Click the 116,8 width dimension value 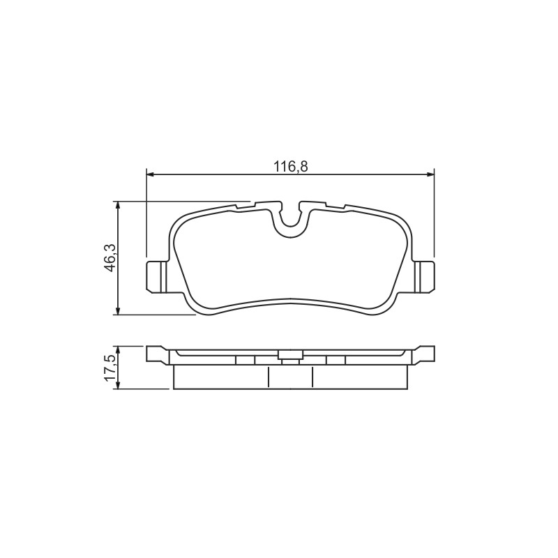(290, 167)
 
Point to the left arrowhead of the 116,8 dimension (150, 174)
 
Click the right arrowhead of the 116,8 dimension (430, 174)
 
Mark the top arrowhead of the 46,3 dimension (117, 205)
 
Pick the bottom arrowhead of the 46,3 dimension (117, 310)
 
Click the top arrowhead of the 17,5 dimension (117, 349)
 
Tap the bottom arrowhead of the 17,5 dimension (117, 385)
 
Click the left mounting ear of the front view (156, 277)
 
